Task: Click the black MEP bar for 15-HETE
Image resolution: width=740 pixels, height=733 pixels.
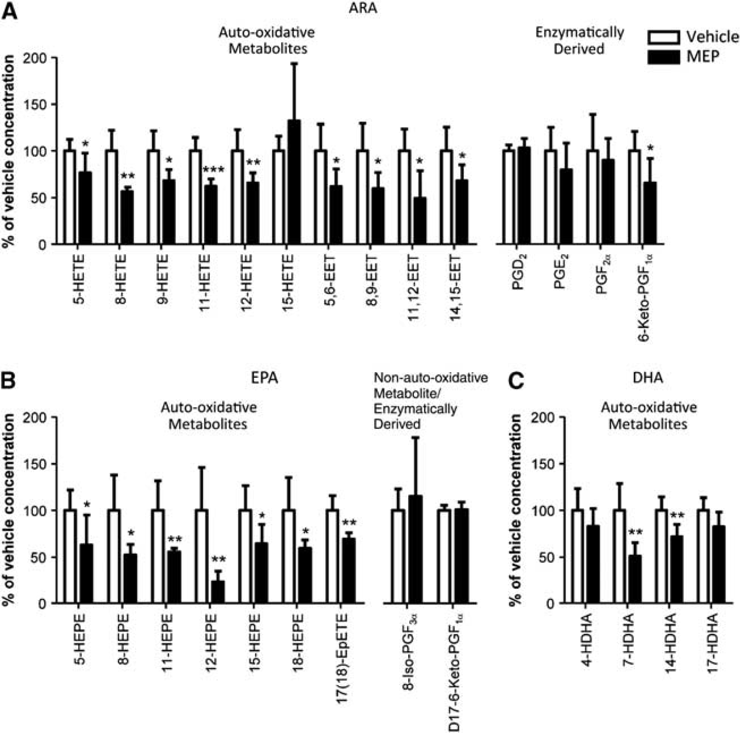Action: pyautogui.click(x=294, y=182)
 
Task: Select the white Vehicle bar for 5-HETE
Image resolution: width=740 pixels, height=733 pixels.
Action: pyautogui.click(x=70, y=197)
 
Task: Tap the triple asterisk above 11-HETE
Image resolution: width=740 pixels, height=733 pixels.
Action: pyautogui.click(x=213, y=170)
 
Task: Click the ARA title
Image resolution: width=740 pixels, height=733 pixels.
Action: pyautogui.click(x=362, y=8)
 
